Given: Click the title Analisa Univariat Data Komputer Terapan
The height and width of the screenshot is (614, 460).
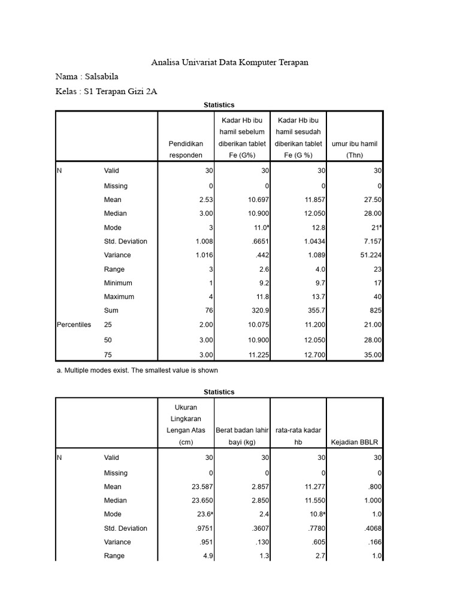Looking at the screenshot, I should point(230,62).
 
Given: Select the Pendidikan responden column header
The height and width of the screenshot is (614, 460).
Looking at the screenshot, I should point(185,149).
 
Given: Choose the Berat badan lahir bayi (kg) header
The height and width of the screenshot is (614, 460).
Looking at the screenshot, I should point(243,437).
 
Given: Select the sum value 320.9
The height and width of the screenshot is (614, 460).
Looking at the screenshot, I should point(256,311).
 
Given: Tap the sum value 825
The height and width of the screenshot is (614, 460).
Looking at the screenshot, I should point(376,311).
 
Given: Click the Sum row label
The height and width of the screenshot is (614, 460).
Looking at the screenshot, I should point(111,311).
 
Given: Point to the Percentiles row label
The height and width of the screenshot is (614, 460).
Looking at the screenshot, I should point(74,324).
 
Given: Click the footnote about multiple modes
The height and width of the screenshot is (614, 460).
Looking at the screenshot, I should point(137,370).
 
